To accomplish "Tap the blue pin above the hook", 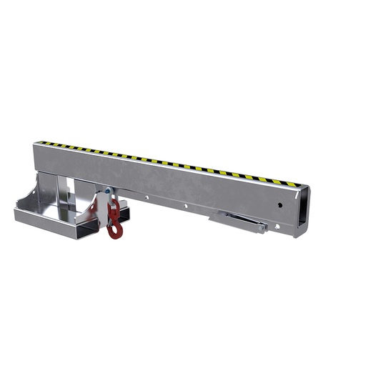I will coord(107,190).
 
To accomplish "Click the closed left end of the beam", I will coord(36,161).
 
